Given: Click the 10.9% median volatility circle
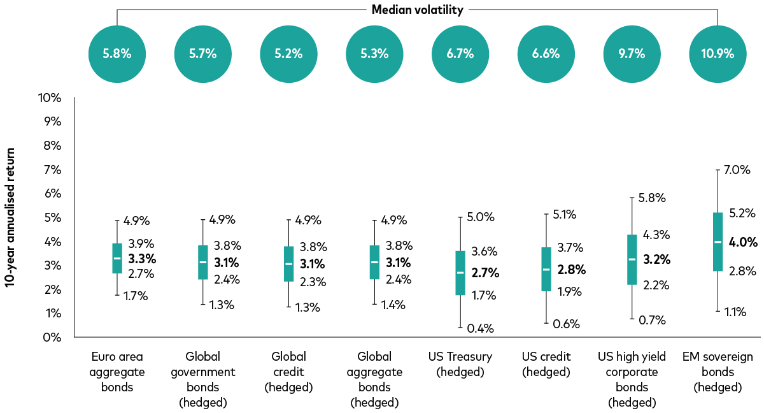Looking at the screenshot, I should point(718,54).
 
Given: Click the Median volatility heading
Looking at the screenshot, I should point(417,10).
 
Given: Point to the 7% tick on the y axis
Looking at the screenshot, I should point(48,170).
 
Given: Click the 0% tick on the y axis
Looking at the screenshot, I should point(48,337).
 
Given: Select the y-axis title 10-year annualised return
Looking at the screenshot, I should point(11,217).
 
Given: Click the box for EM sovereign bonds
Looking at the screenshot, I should point(718,242).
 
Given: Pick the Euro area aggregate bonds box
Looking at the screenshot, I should point(117,258).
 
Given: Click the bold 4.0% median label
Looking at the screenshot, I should point(744,242).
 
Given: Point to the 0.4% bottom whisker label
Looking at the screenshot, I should point(481,329).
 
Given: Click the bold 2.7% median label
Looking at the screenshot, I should point(485,273).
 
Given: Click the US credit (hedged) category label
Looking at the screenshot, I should point(546,364).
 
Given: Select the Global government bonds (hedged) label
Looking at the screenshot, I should point(203,379).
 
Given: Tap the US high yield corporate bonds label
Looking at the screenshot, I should point(632,379).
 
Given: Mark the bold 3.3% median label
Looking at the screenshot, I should point(142,259).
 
